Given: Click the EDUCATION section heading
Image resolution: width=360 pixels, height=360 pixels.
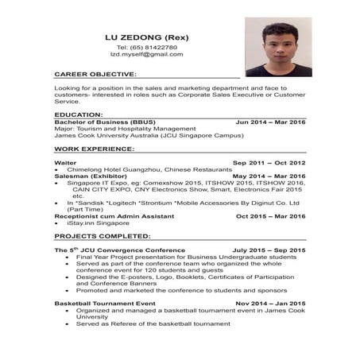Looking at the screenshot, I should point(79,114).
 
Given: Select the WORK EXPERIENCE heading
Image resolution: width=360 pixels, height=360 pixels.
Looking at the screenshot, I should point(94,149).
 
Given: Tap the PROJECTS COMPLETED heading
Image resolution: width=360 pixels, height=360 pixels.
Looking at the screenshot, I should point(101,236).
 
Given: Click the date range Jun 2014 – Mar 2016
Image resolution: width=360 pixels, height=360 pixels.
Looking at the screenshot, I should point(270,122).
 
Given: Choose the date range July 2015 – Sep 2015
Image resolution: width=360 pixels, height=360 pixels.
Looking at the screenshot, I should point(269,250).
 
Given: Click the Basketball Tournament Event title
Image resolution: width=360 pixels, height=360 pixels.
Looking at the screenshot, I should point(104,304).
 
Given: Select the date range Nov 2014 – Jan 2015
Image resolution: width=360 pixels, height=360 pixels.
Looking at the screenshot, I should point(270,304).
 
